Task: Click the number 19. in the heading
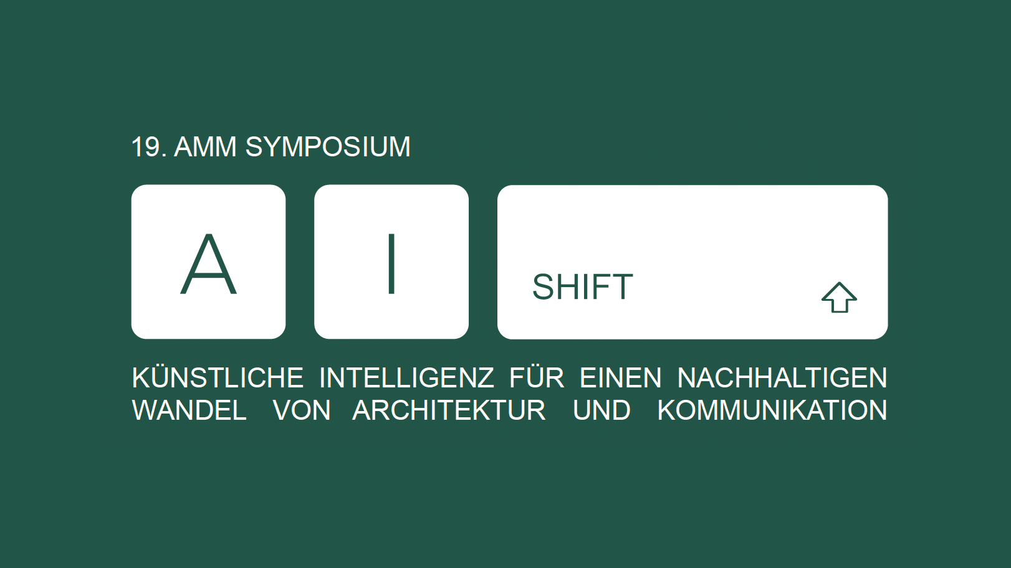(x=149, y=147)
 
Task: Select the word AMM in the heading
(x=205, y=147)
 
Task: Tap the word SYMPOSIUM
(x=328, y=147)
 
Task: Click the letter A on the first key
(x=209, y=264)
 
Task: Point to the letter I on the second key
(x=391, y=264)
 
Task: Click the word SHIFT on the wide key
(x=583, y=286)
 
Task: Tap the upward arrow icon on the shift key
(x=839, y=297)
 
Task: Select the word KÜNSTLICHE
(x=218, y=377)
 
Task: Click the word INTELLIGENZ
(x=406, y=377)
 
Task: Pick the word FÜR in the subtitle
(x=537, y=377)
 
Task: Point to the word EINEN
(x=621, y=377)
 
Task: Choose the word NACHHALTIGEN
(x=782, y=377)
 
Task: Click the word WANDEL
(x=189, y=410)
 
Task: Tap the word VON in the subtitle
(x=302, y=410)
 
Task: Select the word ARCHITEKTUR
(x=449, y=410)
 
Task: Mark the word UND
(x=601, y=410)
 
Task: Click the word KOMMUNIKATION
(x=772, y=410)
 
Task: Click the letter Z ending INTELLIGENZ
(x=486, y=377)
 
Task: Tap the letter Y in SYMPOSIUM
(x=273, y=147)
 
